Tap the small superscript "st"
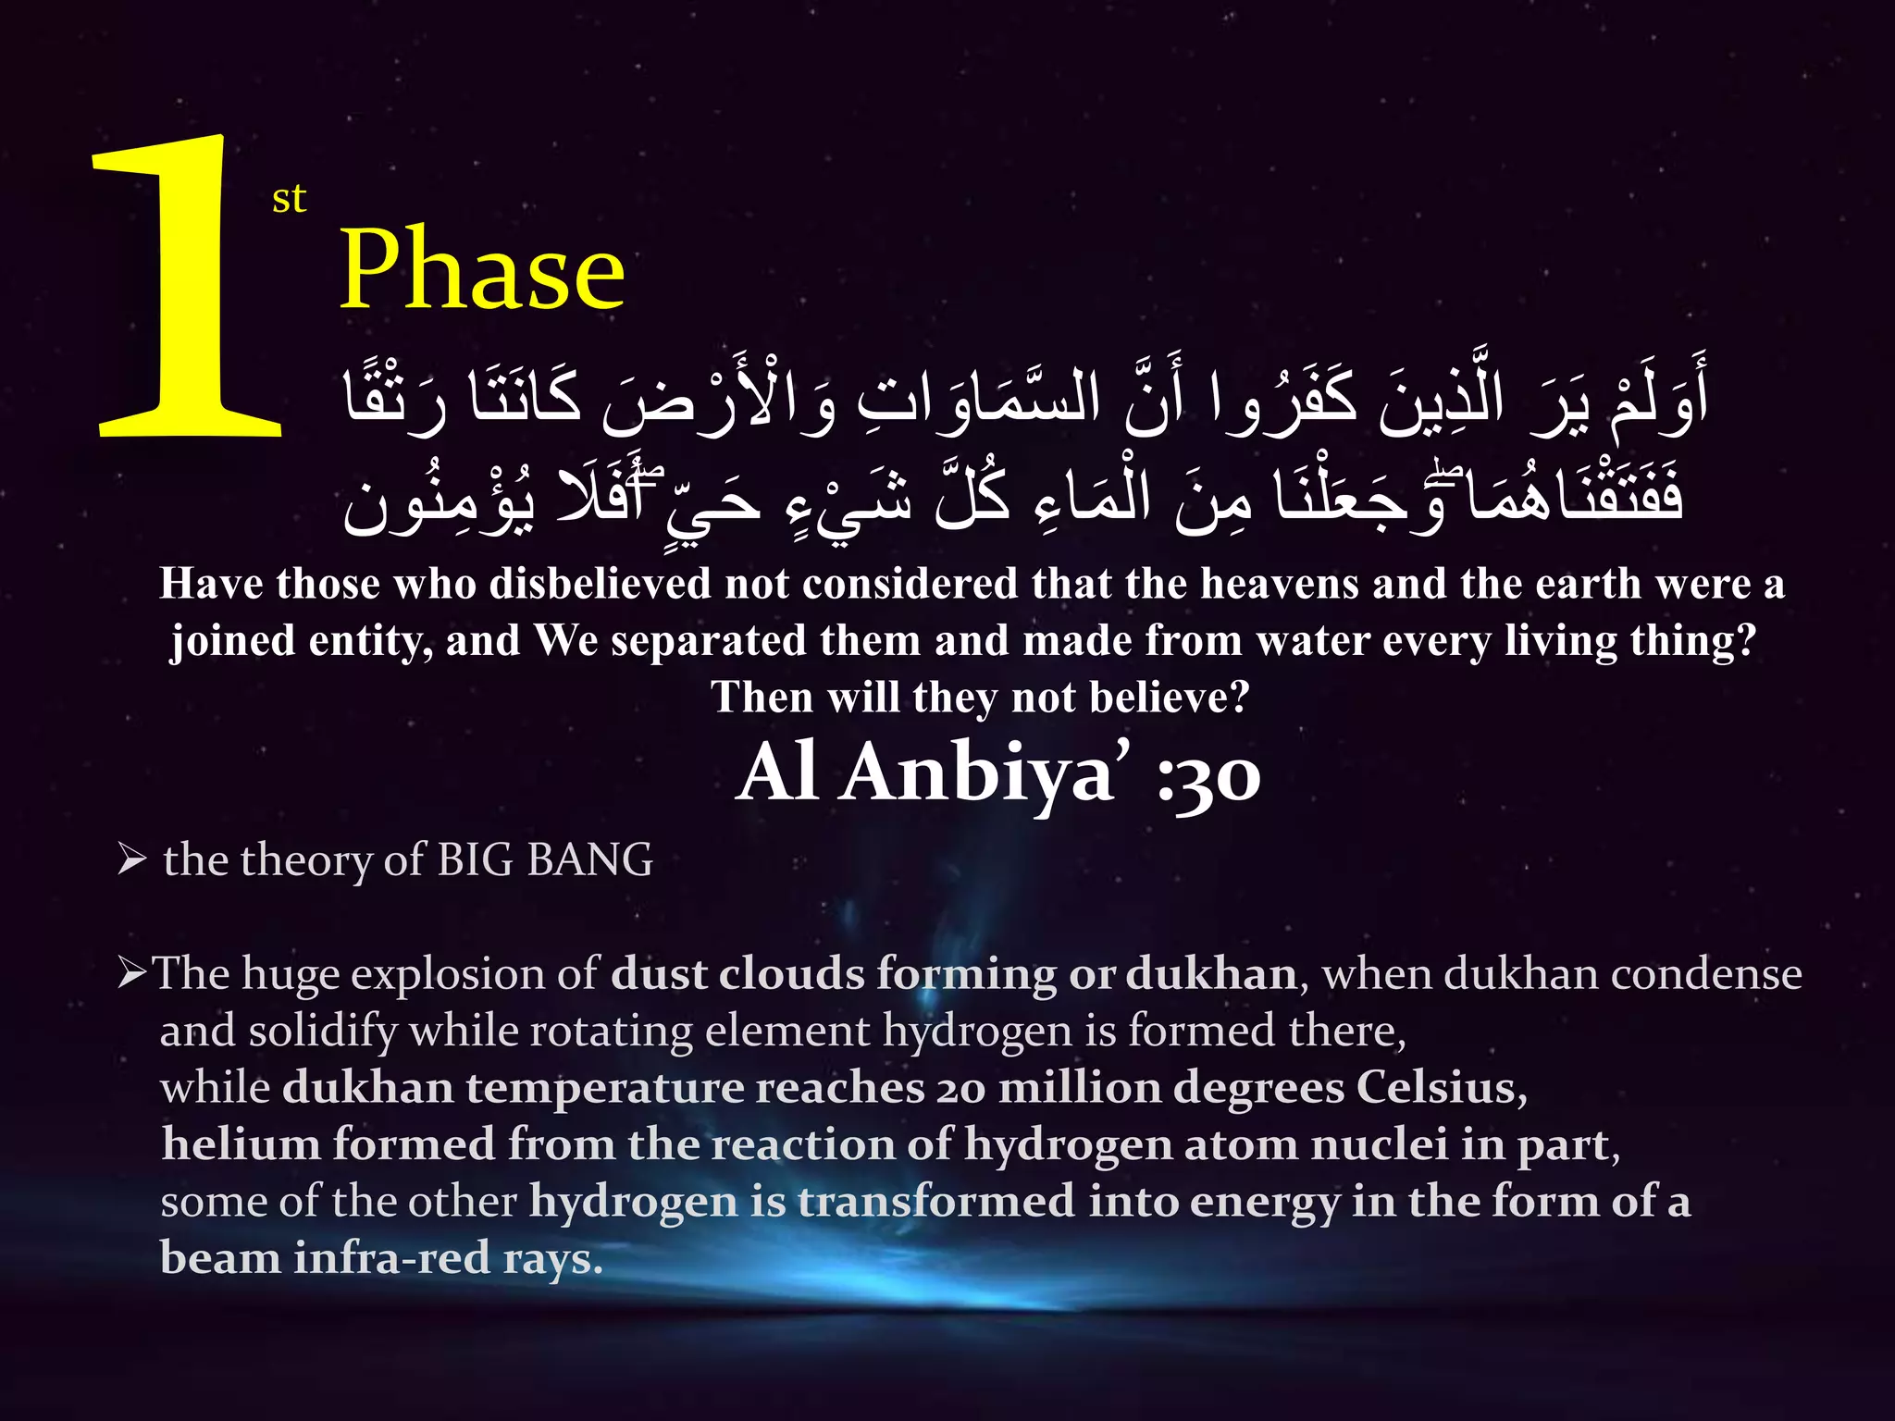289,199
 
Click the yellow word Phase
482,269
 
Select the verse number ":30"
1208,775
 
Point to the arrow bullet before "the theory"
132,860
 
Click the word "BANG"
589,860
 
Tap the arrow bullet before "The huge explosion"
132,974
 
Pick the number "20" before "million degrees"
960,1089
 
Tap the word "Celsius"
1441,1088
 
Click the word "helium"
241,1144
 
